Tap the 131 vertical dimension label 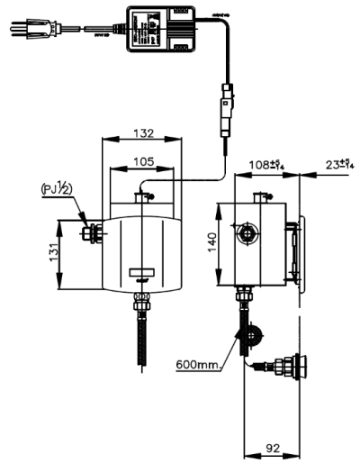(53, 255)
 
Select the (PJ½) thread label (61, 190)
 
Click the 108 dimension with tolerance (266, 165)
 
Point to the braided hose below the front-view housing (142, 337)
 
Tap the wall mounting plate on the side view (303, 252)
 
